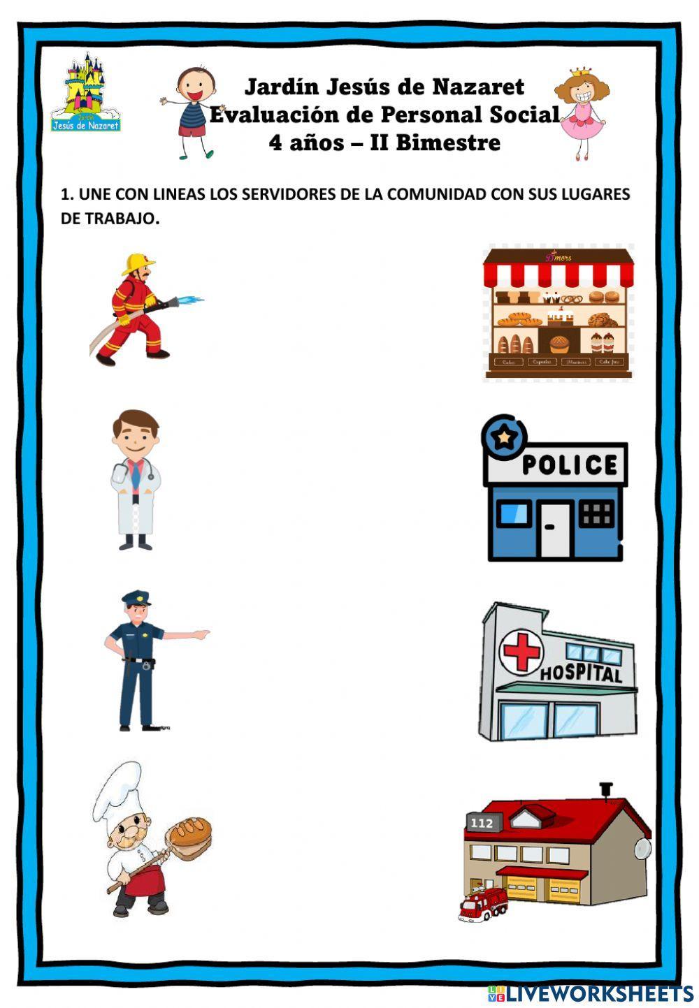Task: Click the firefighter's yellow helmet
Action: click(137, 264)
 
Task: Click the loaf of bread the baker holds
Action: click(189, 833)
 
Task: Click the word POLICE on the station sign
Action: click(569, 465)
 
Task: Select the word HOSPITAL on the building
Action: click(581, 673)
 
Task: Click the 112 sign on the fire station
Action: click(482, 823)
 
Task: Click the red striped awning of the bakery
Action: click(558, 273)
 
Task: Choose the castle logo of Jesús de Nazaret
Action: click(85, 94)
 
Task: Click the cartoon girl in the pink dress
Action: click(580, 112)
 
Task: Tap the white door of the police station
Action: click(549, 529)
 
